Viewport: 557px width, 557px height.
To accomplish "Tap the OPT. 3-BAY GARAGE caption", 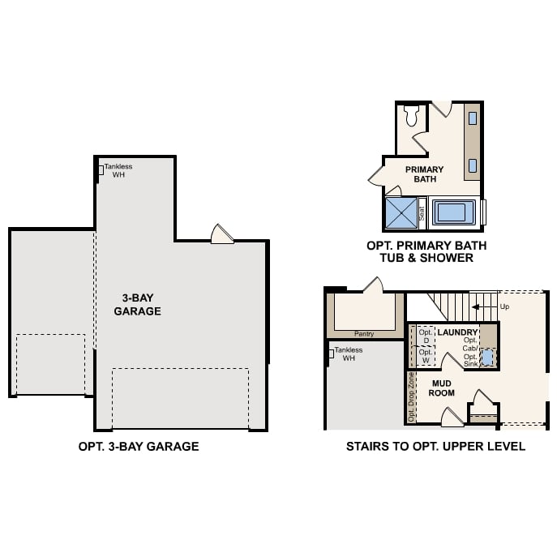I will click(138, 446).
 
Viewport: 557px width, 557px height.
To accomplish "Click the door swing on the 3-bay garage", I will click(221, 234).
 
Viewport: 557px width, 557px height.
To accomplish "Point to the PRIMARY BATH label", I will click(425, 174).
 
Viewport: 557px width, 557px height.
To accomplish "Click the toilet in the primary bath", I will click(411, 117).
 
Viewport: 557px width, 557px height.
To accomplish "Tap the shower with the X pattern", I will click(401, 212).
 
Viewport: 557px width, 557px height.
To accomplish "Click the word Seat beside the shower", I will click(422, 212).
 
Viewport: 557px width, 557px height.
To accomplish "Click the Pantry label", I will click(364, 333).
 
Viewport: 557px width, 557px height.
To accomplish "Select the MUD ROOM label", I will click(442, 388).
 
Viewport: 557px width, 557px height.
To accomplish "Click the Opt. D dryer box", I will click(426, 336).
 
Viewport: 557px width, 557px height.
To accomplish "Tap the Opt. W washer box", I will click(426, 356).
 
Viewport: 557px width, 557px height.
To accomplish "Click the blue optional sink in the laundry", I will click(487, 357).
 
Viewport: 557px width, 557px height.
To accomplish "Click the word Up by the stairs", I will click(504, 307).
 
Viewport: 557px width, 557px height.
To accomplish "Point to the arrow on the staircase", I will click(481, 307).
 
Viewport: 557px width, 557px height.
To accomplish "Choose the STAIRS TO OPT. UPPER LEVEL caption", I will click(435, 446).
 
